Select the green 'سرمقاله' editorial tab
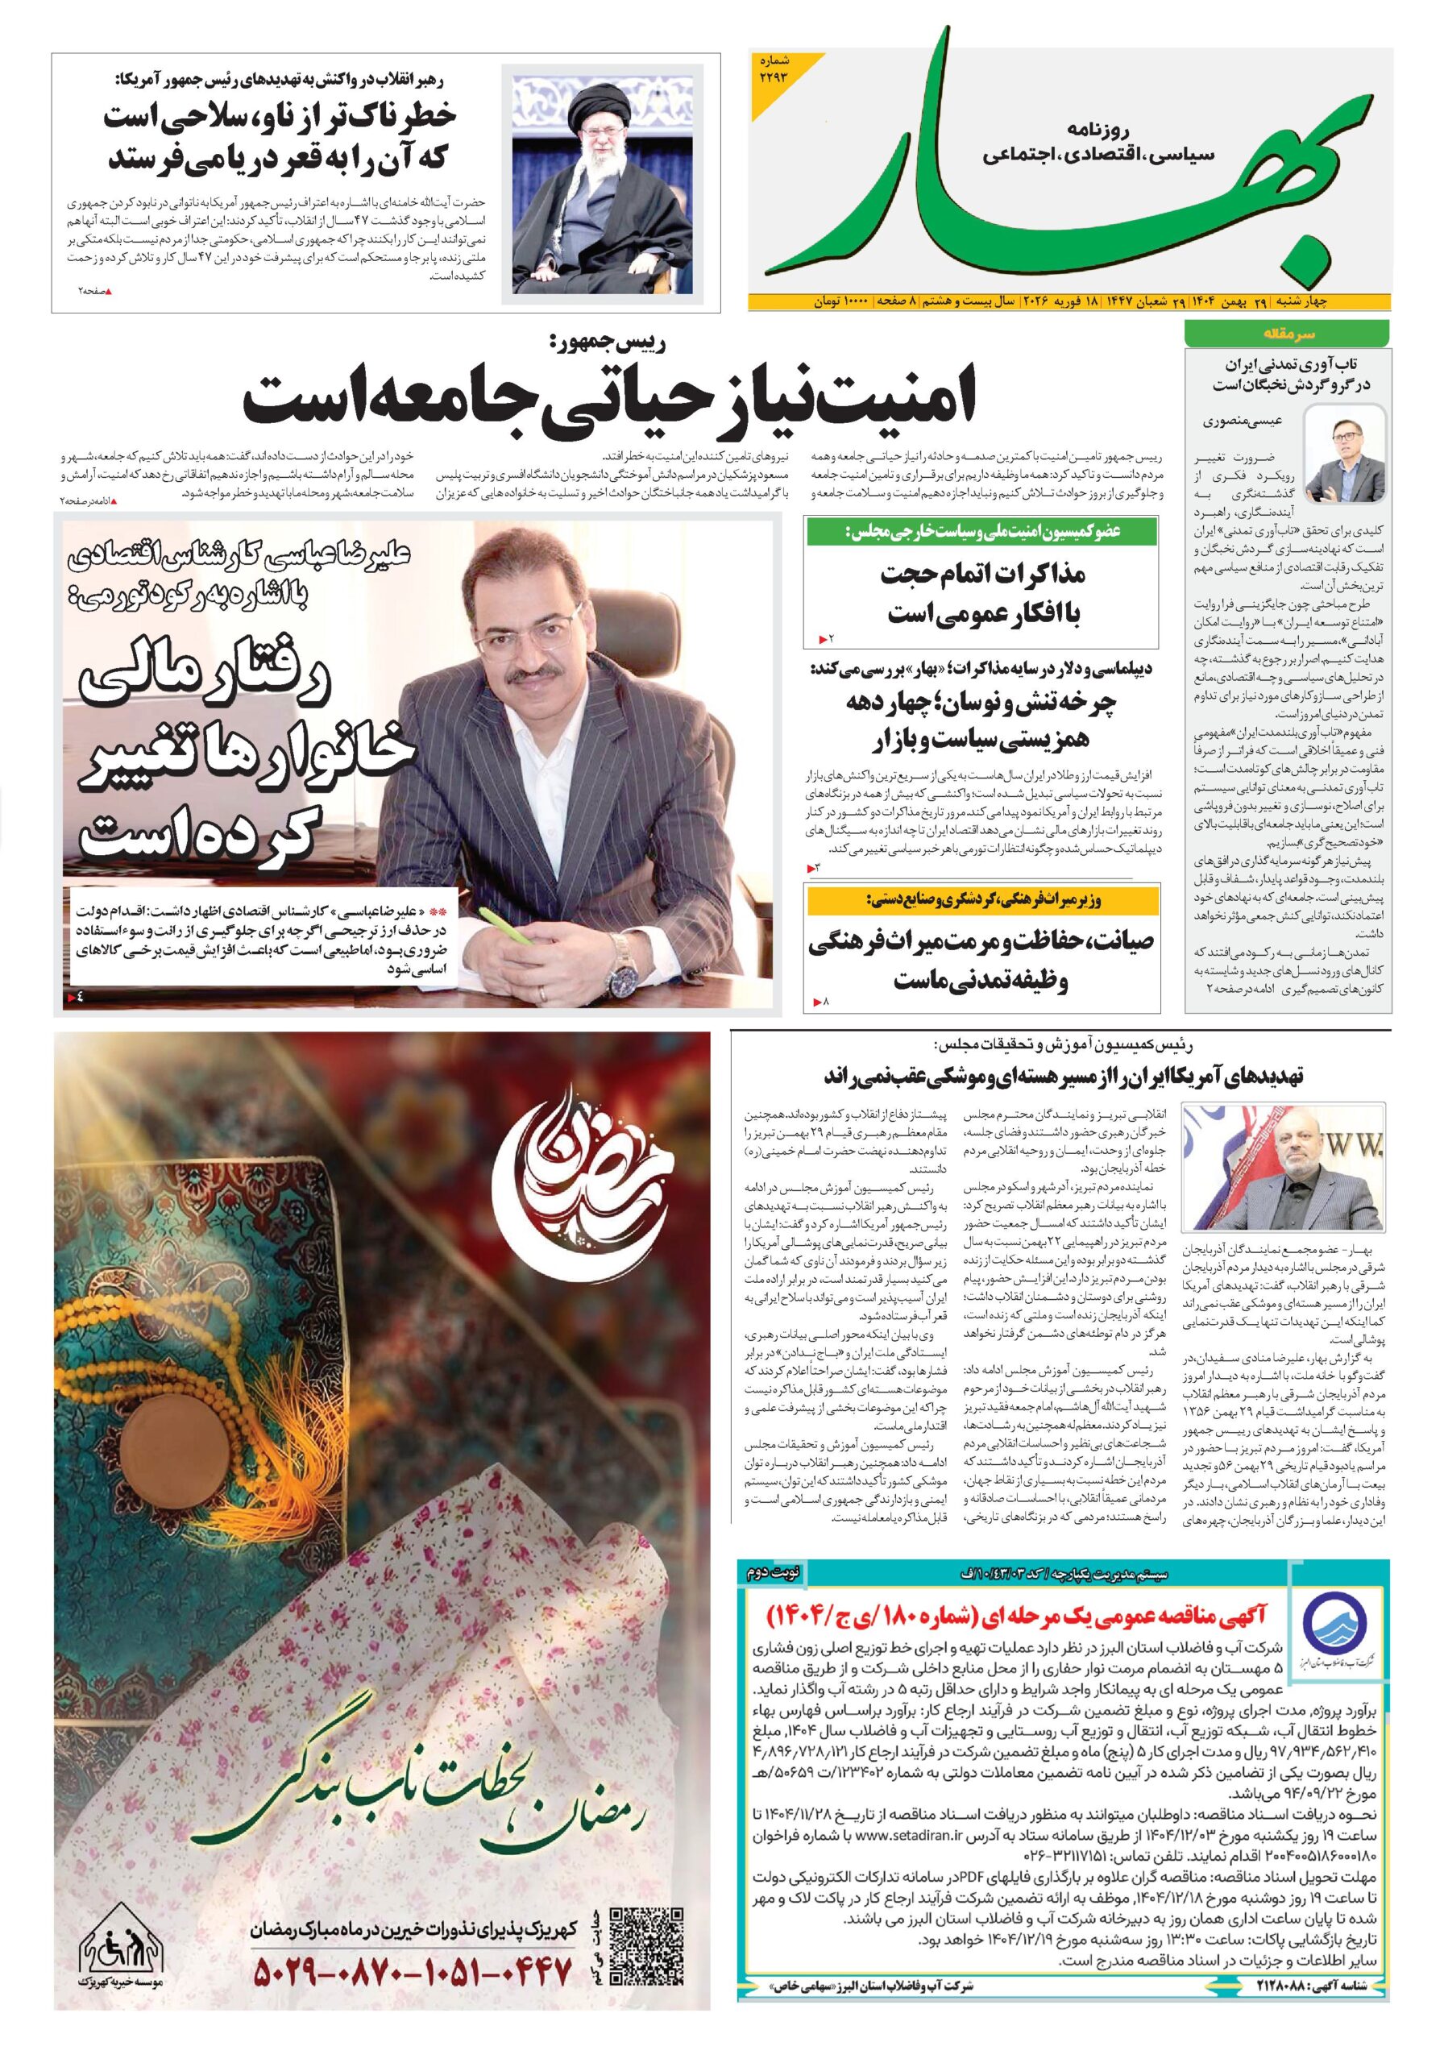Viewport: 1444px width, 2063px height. point(1286,334)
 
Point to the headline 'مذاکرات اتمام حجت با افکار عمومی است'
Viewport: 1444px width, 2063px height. point(982,593)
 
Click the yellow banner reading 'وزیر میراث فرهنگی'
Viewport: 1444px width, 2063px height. point(982,899)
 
